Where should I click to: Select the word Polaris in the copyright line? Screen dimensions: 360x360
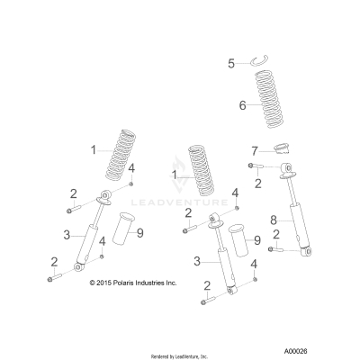127,283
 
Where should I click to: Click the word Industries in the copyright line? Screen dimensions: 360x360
155,283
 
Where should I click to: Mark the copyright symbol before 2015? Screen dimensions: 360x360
94,283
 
